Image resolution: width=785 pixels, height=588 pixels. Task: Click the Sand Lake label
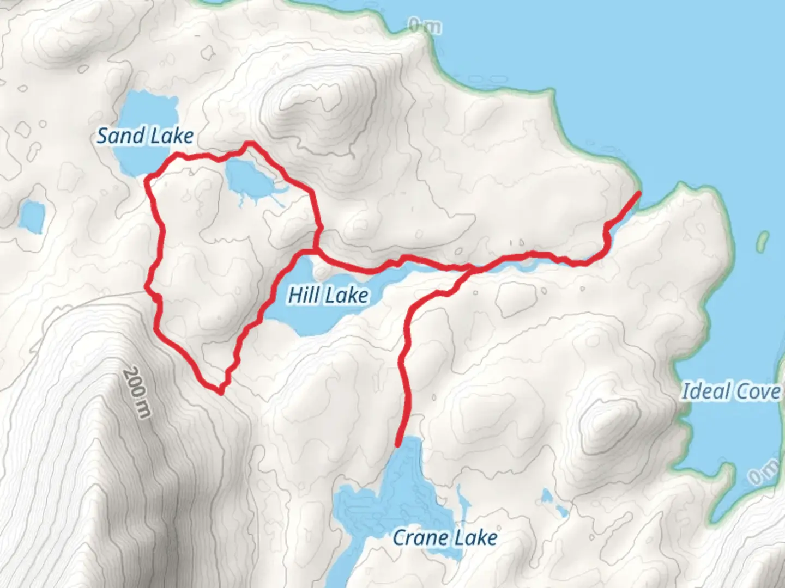[x=145, y=136]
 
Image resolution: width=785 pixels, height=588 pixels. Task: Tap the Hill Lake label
[x=328, y=295]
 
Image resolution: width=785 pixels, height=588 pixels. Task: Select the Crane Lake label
[x=445, y=538]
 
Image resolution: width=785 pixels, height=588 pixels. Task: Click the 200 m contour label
[x=136, y=393]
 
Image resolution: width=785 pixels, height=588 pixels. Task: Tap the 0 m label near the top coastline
[x=425, y=26]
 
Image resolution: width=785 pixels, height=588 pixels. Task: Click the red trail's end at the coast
[x=638, y=193]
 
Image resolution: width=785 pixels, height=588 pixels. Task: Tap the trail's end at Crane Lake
[x=398, y=444]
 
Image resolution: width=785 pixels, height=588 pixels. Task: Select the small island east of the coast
[x=763, y=240]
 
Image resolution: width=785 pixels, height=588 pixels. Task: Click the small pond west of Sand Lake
[x=32, y=216]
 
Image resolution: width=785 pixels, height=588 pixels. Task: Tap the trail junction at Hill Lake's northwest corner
[x=316, y=251]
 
